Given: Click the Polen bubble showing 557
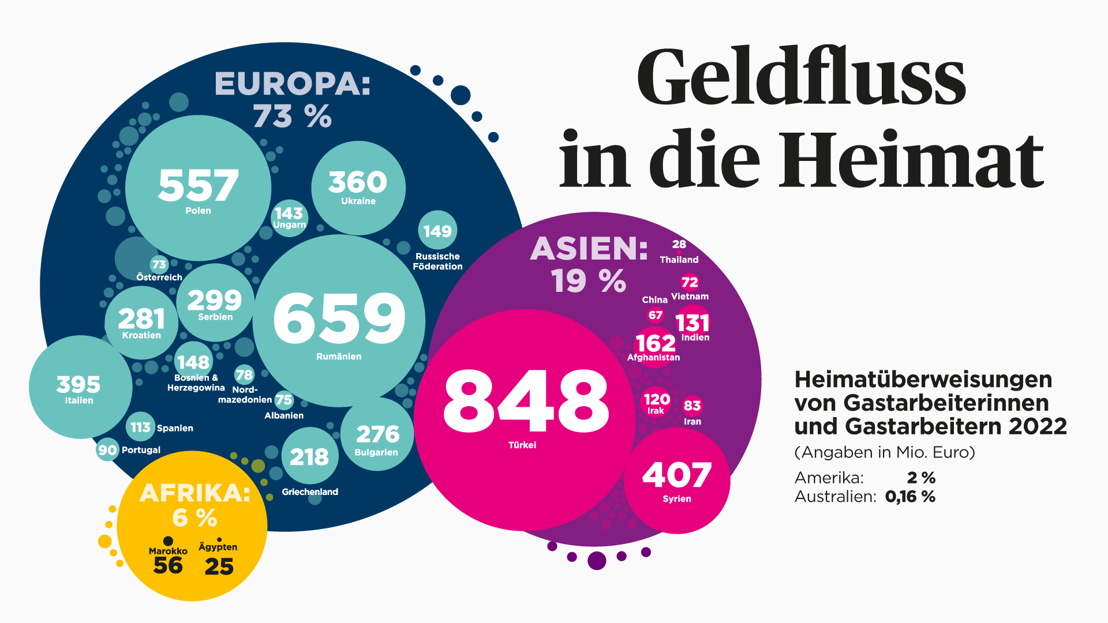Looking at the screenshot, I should (x=198, y=187).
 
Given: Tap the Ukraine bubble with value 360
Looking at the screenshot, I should (x=358, y=187).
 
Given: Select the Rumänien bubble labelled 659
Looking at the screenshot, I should (x=339, y=320).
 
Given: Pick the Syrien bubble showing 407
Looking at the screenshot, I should (x=677, y=481).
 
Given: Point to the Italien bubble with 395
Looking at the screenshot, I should (x=80, y=387).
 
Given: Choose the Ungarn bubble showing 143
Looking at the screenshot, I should (x=289, y=217).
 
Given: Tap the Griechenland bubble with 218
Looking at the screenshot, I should (x=310, y=456).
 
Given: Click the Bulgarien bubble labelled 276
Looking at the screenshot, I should (x=377, y=434).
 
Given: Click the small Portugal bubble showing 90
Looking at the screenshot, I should (x=107, y=450).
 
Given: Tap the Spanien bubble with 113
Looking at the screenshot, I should (x=140, y=427).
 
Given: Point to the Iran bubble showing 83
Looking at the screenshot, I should (x=692, y=406).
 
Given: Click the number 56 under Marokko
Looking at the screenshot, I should (x=168, y=566).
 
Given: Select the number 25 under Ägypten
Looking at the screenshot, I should (x=219, y=566).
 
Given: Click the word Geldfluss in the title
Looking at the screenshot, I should (x=801, y=78).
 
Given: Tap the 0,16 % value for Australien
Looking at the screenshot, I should (x=910, y=497).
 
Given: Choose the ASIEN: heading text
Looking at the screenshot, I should (x=589, y=249).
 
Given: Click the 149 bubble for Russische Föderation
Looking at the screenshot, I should (x=437, y=231).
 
